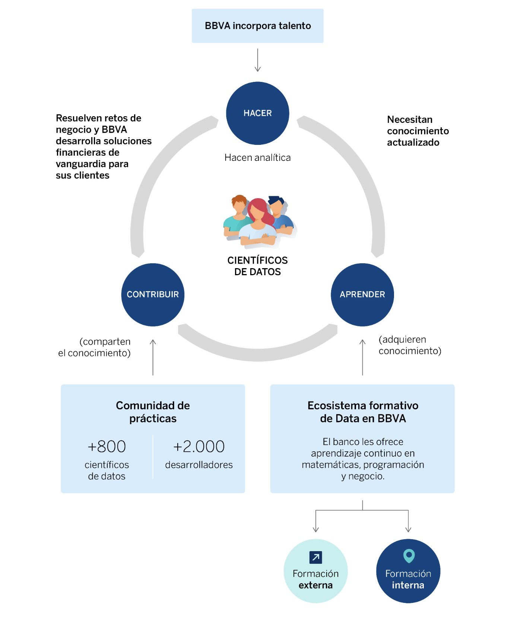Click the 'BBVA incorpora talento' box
[x=257, y=26]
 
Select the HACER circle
[x=257, y=113]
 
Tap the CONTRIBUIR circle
[x=153, y=295]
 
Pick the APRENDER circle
[x=362, y=295]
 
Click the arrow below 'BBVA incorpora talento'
[x=257, y=60]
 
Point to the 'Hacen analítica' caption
[x=257, y=158]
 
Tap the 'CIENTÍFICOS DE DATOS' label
[x=257, y=266]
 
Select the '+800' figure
[x=107, y=446]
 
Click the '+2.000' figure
[x=199, y=446]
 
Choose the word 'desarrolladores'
[x=199, y=465]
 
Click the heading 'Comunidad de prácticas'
[x=153, y=412]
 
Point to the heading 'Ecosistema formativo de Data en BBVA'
[x=363, y=412]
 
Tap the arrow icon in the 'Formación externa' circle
[x=316, y=557]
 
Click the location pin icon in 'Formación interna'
[x=409, y=556]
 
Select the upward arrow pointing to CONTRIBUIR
[x=153, y=357]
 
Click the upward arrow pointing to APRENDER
[x=362, y=357]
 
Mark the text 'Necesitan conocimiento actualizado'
[x=418, y=131]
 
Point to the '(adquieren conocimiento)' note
[x=410, y=345]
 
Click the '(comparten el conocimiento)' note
[x=95, y=347]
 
